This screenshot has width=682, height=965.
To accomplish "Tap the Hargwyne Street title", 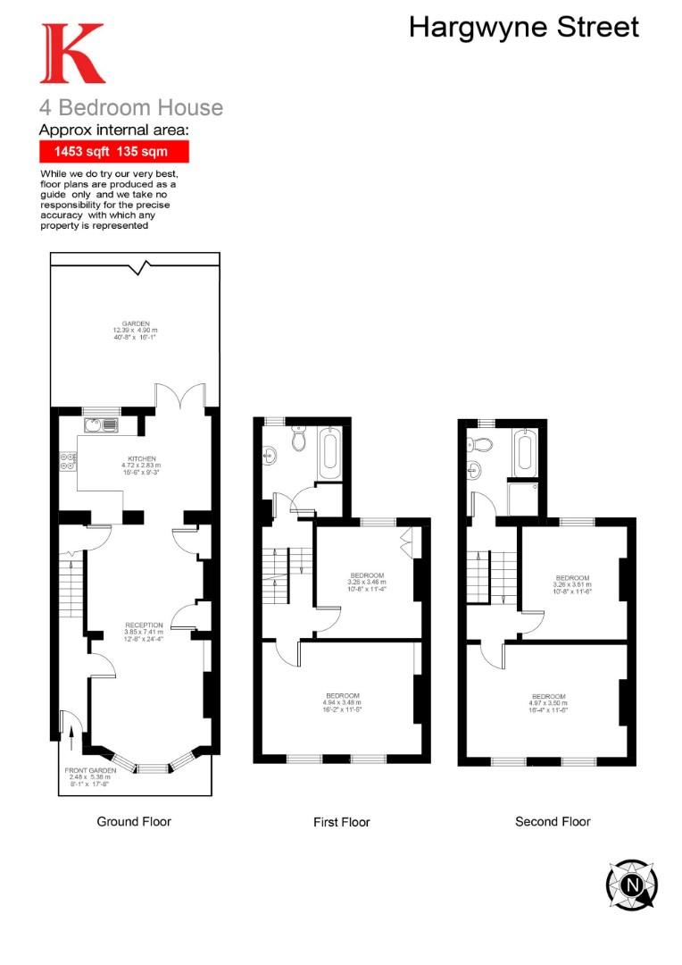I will pyautogui.click(x=524, y=27).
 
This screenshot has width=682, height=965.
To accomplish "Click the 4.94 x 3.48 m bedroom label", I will pyautogui.click(x=343, y=702).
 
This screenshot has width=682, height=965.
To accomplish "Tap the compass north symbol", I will pyautogui.click(x=633, y=885).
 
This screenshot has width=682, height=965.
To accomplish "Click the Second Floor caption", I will pyautogui.click(x=553, y=821).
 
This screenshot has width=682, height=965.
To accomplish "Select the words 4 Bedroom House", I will pyautogui.click(x=131, y=108).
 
